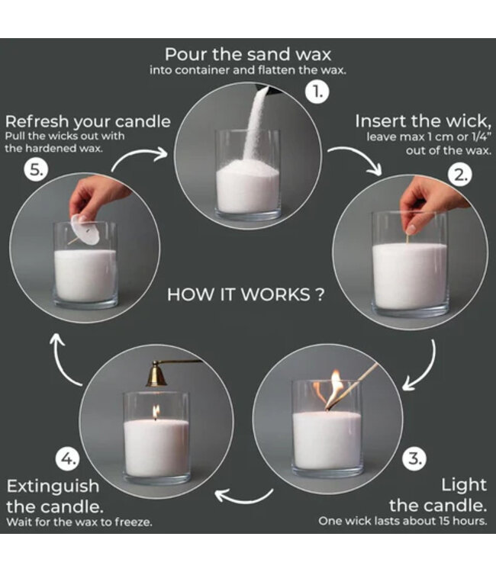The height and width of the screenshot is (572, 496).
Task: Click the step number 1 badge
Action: (x=317, y=92)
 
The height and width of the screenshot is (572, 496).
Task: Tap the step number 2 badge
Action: (x=460, y=174)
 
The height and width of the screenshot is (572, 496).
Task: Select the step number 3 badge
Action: (x=413, y=458)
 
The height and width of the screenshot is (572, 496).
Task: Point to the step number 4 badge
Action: (x=68, y=459)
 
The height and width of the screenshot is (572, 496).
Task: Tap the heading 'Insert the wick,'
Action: (x=420, y=121)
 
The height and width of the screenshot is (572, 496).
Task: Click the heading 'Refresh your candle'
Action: (x=88, y=121)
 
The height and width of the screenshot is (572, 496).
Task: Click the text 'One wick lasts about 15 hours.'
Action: (x=402, y=521)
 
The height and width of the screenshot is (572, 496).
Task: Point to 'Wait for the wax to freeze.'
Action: (x=79, y=522)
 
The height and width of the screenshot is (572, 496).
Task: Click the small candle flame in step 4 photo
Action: (x=156, y=412)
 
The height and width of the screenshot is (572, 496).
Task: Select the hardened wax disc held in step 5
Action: (x=85, y=230)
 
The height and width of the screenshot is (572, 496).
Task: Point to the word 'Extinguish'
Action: (x=53, y=485)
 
